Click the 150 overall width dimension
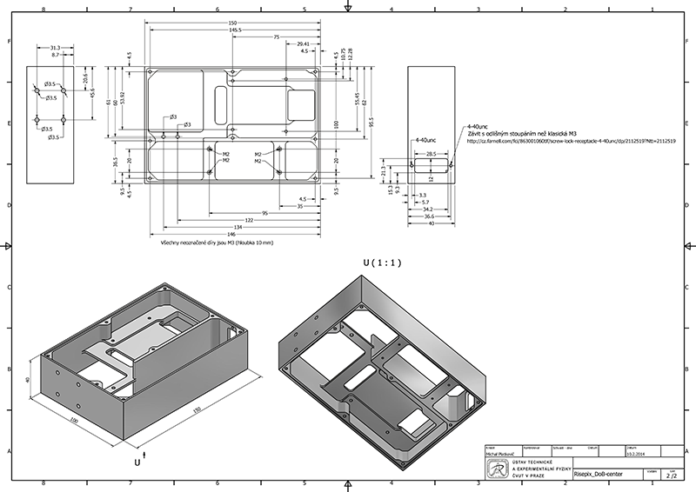click(x=232, y=23)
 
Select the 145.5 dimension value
click(x=235, y=30)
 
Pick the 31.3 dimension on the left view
click(x=55, y=47)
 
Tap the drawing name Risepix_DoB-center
click(x=598, y=475)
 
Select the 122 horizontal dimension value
click(x=224, y=220)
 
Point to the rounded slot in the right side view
click(x=431, y=163)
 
